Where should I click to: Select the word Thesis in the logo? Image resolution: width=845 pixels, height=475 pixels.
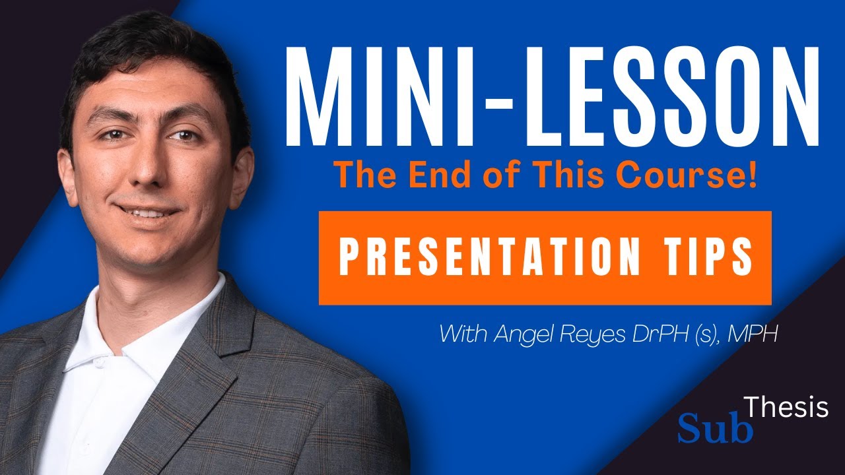[x=786, y=408]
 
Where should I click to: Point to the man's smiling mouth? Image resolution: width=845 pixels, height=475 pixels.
[x=147, y=212]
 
